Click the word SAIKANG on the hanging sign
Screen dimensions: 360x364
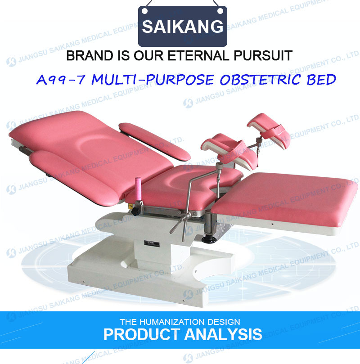pos(182,27)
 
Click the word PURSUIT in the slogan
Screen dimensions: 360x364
pos(263,56)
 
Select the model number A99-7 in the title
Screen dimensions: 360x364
pos(61,80)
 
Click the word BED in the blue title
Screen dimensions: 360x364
pos(321,80)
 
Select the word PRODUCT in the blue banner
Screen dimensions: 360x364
pos(142,334)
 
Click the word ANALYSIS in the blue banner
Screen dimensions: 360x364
pos(223,334)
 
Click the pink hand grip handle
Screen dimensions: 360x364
pos(138,189)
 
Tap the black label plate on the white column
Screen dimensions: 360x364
pos(152,244)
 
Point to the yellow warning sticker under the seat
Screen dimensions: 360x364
pos(130,206)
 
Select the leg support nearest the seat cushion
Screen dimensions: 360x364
pos(229,151)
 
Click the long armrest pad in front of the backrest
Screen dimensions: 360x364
pos(75,178)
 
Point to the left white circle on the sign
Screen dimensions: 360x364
pos(144,11)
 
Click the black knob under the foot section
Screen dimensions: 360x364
pos(209,239)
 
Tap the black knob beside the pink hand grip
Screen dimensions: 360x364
pos(135,211)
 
